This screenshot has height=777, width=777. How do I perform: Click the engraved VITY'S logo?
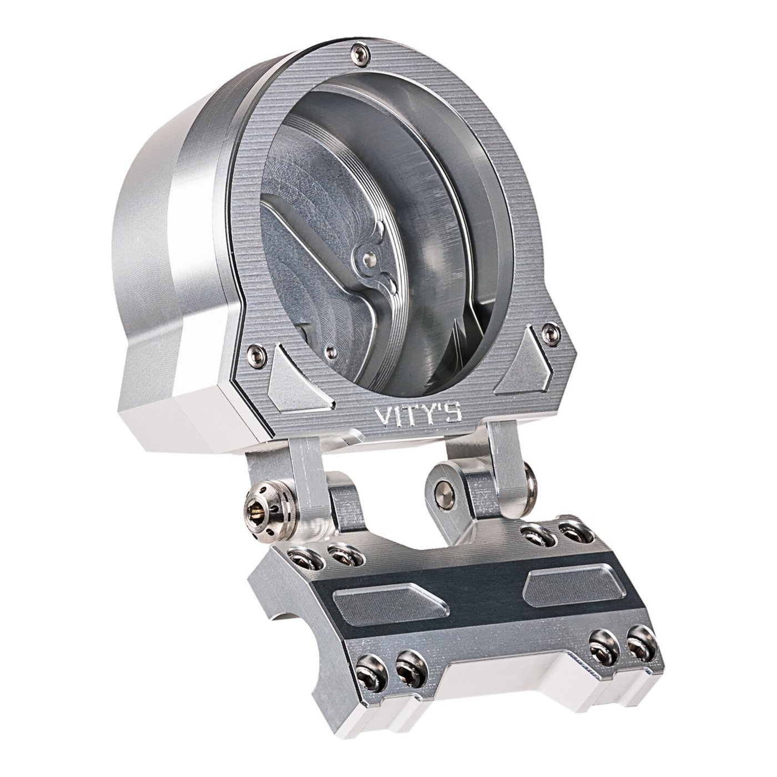(418, 415)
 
